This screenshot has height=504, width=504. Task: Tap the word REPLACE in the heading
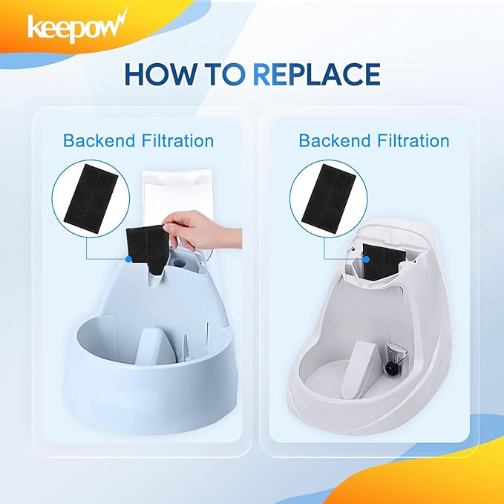[x=317, y=74]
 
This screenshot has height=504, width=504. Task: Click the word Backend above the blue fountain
[x=99, y=141]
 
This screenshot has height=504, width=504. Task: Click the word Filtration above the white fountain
[x=413, y=141]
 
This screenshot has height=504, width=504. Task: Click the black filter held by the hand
[x=146, y=250]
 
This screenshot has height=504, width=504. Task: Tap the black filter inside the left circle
[x=91, y=194]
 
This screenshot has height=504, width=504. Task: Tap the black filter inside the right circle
[x=329, y=194]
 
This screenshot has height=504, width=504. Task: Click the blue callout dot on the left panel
[x=128, y=259]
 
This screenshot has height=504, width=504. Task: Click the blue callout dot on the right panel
[x=366, y=259]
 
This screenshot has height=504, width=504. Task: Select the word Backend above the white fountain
[x=335, y=141]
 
